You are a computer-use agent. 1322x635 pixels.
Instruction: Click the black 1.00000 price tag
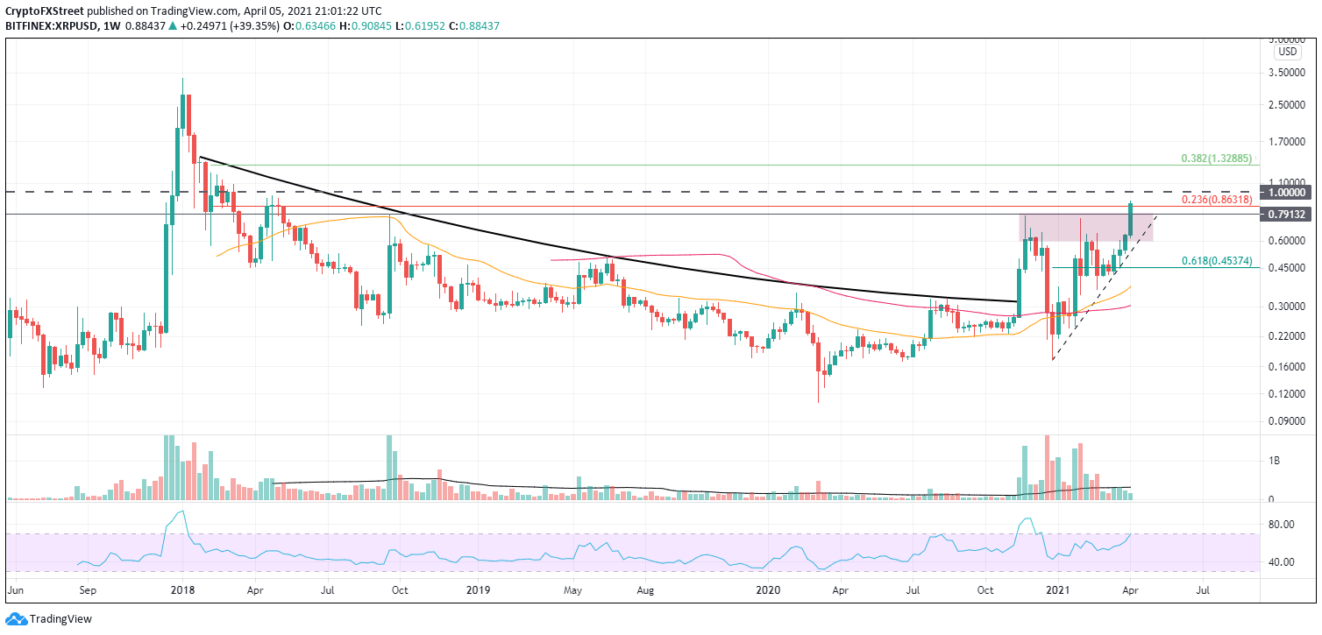pos(1288,192)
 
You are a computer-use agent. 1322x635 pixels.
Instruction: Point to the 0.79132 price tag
pos(1288,214)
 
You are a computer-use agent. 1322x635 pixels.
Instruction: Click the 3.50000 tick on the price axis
pos(1288,74)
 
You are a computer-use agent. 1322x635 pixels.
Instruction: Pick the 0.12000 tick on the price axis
pos(1288,394)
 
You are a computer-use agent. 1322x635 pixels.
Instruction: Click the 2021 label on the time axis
pos(1061,591)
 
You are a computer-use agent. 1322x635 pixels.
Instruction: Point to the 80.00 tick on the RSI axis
pos(1285,525)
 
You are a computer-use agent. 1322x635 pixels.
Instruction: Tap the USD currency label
pos(1288,52)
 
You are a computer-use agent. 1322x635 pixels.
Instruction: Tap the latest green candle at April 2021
pos(1132,219)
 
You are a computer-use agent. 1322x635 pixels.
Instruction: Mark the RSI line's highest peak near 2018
pos(181,512)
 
